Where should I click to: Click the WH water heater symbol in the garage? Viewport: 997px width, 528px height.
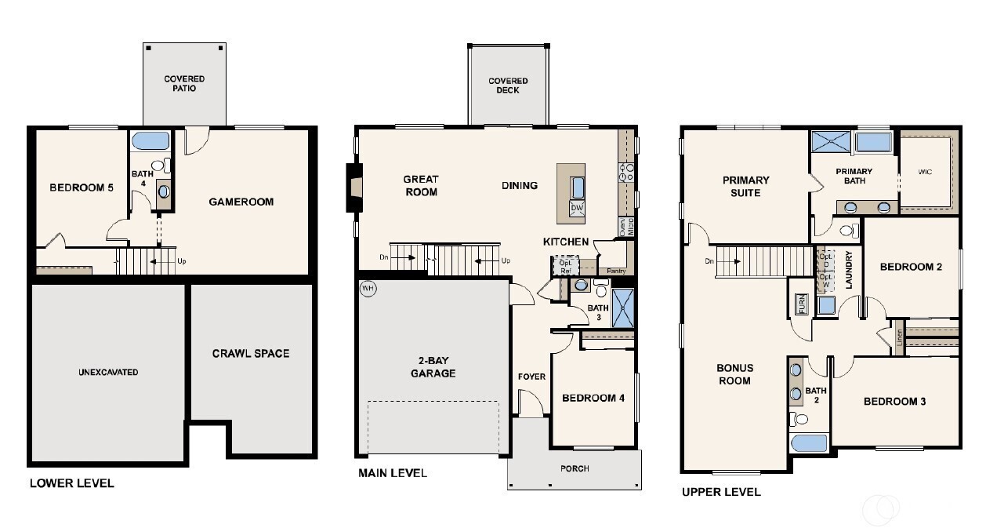pyautogui.click(x=368, y=289)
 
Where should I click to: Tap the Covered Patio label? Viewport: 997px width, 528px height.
pyautogui.click(x=184, y=84)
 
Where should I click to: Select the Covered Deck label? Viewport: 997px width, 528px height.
pyautogui.click(x=508, y=86)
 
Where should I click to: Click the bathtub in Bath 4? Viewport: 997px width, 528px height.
pyautogui.click(x=150, y=142)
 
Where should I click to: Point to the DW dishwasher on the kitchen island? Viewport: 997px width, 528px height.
pyautogui.click(x=577, y=208)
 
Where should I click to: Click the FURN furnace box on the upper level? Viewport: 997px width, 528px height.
pyautogui.click(x=801, y=304)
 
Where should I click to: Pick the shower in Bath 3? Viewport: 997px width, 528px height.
pyautogui.click(x=623, y=308)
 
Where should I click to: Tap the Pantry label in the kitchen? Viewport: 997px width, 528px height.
pyautogui.click(x=617, y=270)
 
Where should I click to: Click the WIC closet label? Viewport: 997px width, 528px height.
pyautogui.click(x=925, y=171)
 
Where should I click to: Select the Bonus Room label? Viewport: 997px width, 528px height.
pyautogui.click(x=734, y=374)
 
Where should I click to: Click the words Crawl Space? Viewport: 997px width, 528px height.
pyautogui.click(x=251, y=354)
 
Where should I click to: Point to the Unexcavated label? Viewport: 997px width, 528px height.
pyautogui.click(x=108, y=372)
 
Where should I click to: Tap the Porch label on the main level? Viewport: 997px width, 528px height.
pyautogui.click(x=575, y=468)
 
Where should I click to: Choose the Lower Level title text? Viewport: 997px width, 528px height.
pyautogui.click(x=71, y=483)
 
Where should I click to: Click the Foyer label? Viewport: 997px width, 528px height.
pyautogui.click(x=531, y=377)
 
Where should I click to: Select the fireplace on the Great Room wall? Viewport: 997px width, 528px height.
pyautogui.click(x=355, y=187)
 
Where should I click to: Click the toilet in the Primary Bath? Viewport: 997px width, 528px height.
pyautogui.click(x=847, y=231)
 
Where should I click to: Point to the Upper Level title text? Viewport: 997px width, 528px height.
pyautogui.click(x=721, y=493)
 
